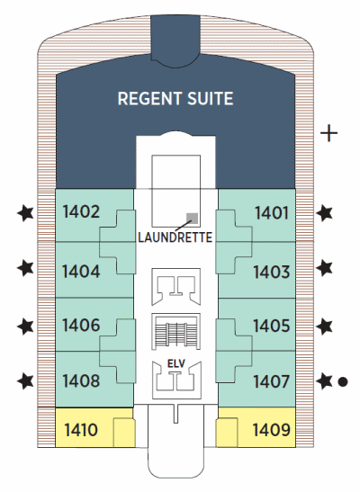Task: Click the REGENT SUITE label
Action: (175, 99)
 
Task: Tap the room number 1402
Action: (81, 211)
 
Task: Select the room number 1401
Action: (272, 213)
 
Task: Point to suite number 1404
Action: (81, 272)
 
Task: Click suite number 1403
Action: (272, 272)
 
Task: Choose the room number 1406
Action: (81, 325)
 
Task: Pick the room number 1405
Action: (272, 326)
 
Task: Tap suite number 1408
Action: (81, 381)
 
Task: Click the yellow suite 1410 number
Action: (81, 430)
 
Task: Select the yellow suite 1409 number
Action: (272, 430)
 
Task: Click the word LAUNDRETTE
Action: (175, 237)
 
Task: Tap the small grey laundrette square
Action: (192, 219)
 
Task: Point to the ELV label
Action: (176, 364)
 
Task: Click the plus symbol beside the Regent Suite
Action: (328, 133)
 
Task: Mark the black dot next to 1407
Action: (342, 382)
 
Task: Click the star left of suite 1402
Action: (25, 213)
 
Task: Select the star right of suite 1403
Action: (324, 269)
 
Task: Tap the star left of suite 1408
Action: (25, 381)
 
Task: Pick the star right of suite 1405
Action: (324, 327)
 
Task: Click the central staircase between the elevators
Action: (176, 331)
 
